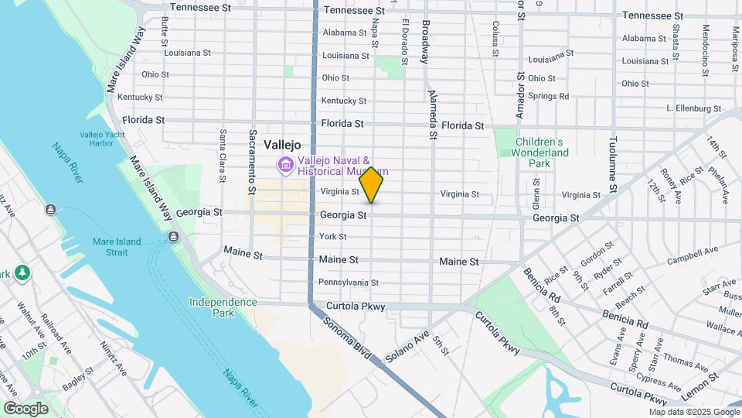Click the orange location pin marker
372,185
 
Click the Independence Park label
223,307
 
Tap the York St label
332,236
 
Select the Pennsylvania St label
348,283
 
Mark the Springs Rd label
549,96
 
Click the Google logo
26,408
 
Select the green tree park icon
23,272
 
